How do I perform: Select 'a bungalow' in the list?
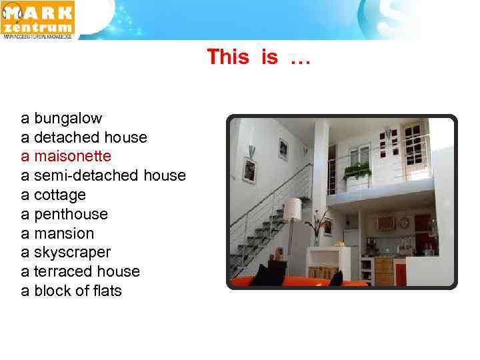coord(61,118)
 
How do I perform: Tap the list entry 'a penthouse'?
coord(64,214)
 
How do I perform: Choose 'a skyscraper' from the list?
coord(66,252)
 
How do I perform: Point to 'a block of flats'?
coord(71,291)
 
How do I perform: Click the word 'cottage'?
coord(60,195)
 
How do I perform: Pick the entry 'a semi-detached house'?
coord(103,175)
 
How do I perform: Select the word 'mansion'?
coord(64,233)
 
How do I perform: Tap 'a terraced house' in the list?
coord(81,271)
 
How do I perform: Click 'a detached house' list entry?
coord(84,137)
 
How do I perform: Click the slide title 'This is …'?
coord(259,57)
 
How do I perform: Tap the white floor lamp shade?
coord(293,209)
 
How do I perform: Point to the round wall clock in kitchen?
coord(405,223)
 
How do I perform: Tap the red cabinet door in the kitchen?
coord(400,272)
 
